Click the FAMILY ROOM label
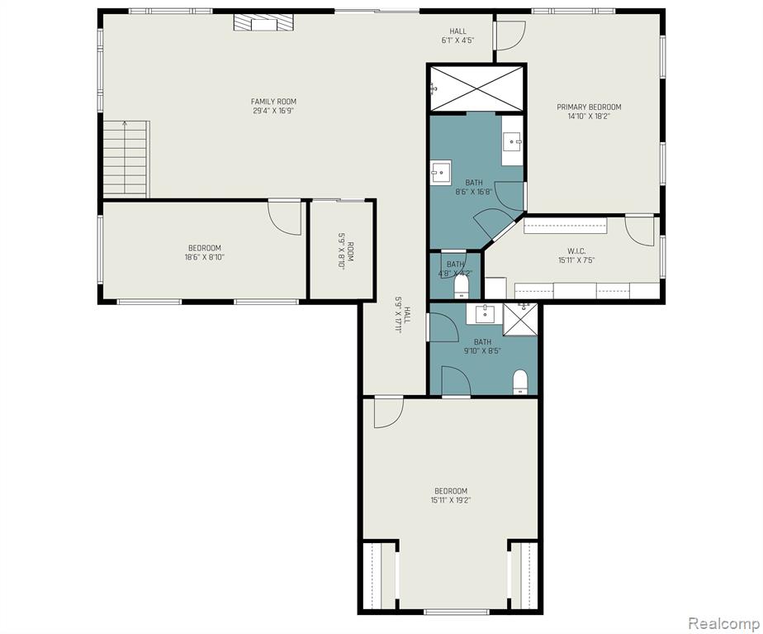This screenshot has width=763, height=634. click(x=273, y=102)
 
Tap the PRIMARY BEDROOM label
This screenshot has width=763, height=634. click(x=589, y=107)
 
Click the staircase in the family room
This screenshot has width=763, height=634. click(x=126, y=160)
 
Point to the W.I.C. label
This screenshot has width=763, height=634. click(x=576, y=250)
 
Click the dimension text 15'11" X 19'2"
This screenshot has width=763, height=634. click(x=451, y=500)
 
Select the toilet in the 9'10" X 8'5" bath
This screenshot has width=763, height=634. click(x=520, y=382)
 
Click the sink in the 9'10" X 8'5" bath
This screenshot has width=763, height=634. click(x=484, y=313)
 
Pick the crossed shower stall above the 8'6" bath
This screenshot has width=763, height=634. click(x=476, y=88)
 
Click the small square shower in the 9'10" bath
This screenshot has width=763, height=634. click(x=520, y=319)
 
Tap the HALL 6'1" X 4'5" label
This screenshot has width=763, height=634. click(x=457, y=36)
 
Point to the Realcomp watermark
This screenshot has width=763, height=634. click(x=724, y=622)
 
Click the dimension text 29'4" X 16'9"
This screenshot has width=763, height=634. click(x=273, y=111)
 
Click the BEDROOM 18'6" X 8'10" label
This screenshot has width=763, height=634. click(x=205, y=252)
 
